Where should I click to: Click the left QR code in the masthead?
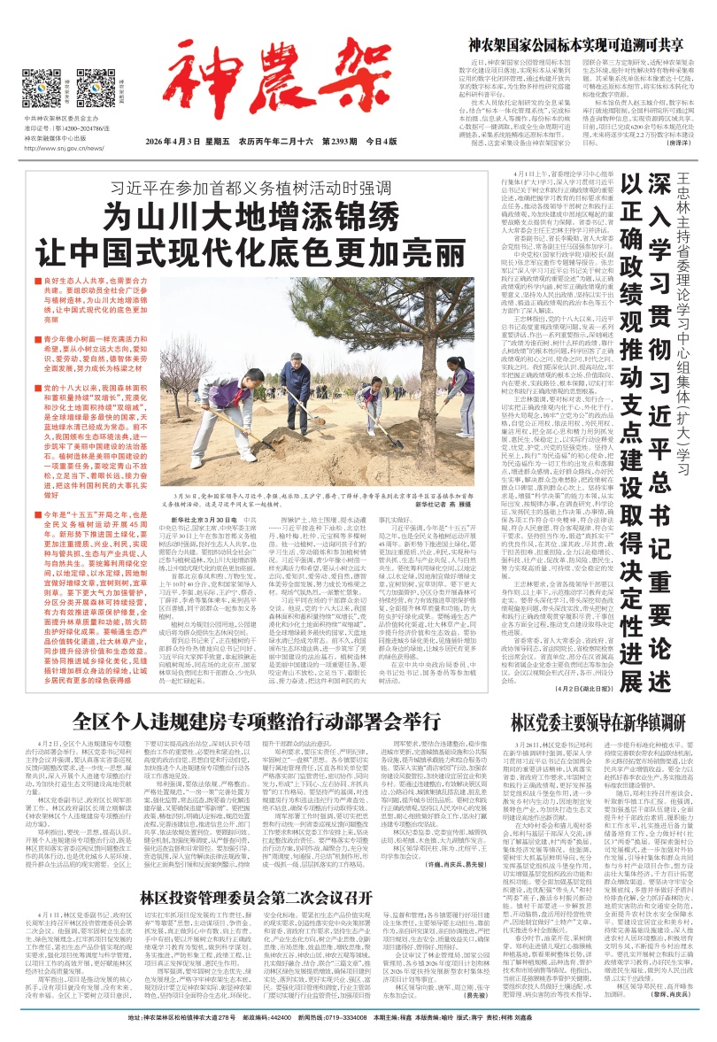40,87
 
